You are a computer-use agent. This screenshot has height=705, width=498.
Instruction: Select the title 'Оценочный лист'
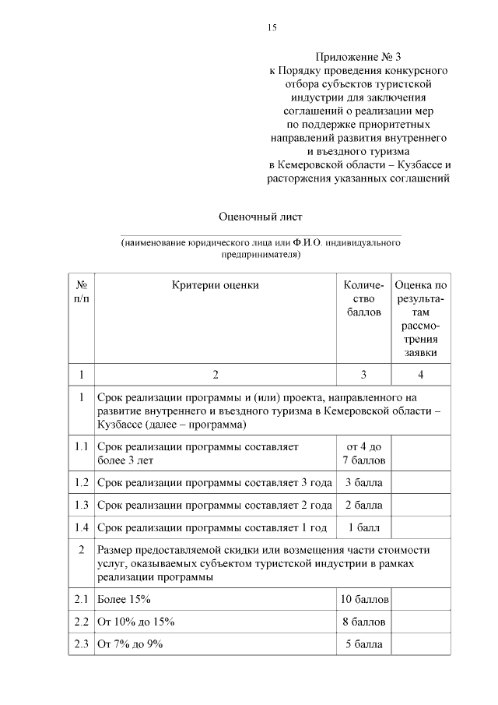click(x=260, y=215)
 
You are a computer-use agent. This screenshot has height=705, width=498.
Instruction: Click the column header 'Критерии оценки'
click(x=216, y=285)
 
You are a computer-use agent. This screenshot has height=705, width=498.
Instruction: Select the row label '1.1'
click(x=81, y=447)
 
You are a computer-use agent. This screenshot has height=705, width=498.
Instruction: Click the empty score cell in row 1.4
click(x=421, y=527)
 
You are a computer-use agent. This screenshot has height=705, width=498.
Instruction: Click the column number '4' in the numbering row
click(x=421, y=373)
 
